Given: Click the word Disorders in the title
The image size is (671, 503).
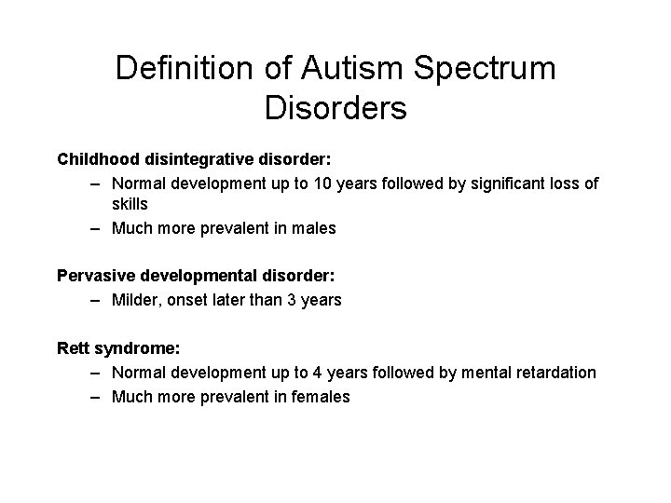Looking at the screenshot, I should click(x=335, y=108).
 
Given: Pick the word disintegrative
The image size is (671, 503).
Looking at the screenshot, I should click(x=203, y=158).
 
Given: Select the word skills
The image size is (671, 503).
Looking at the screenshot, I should click(x=130, y=204).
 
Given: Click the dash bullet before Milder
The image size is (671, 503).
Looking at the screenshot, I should click(x=97, y=300).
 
